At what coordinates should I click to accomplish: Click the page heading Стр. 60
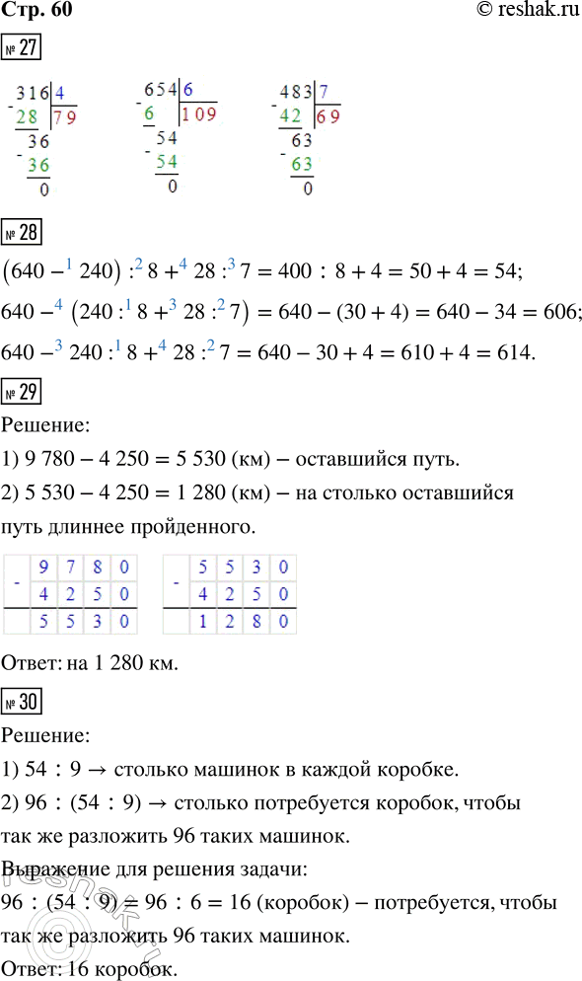[37, 11]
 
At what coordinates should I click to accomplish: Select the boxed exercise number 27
[22, 49]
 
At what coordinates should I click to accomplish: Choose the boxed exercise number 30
[22, 706]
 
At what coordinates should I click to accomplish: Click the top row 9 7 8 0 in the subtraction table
[84, 567]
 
